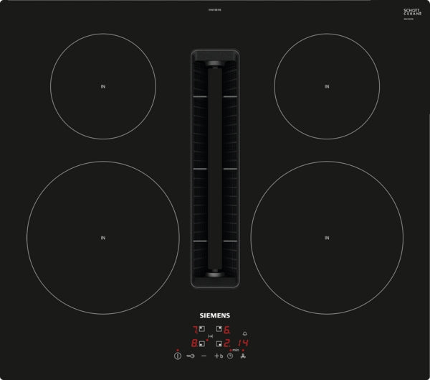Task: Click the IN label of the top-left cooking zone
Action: click(x=103, y=87)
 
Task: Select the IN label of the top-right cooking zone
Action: click(x=327, y=87)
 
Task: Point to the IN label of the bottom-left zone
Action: click(x=103, y=237)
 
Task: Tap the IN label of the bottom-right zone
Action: click(x=327, y=237)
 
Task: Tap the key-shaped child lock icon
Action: click(x=191, y=355)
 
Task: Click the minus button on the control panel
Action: click(x=204, y=355)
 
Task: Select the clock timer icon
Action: click(x=230, y=355)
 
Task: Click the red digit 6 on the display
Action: click(x=226, y=330)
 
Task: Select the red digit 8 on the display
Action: click(x=193, y=343)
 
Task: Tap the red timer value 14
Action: click(x=244, y=343)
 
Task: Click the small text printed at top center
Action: click(x=215, y=9)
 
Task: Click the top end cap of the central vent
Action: click(x=215, y=53)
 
